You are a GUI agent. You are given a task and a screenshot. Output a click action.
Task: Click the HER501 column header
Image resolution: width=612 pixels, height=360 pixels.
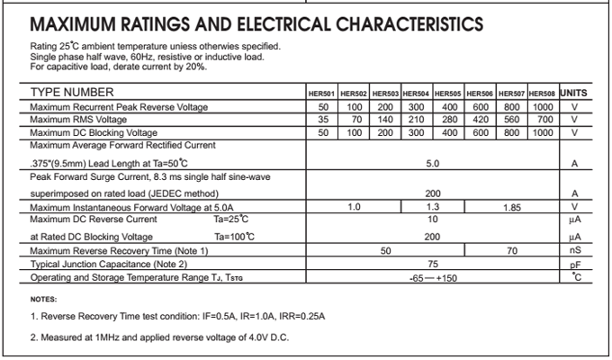tap(323, 94)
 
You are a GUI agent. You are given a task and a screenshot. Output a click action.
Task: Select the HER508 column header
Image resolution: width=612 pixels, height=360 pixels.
tap(542, 94)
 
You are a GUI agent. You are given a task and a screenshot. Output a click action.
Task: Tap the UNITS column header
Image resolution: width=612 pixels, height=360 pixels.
tap(573, 93)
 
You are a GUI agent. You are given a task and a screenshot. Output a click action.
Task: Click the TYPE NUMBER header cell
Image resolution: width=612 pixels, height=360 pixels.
tap(72, 93)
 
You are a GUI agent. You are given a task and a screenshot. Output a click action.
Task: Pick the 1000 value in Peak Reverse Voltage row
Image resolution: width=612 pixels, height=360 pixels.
tap(542, 107)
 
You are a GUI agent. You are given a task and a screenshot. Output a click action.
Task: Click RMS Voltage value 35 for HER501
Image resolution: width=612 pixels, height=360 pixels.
tap(323, 120)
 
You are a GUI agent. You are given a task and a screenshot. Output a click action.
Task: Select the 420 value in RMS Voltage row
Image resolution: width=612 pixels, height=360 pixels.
tap(480, 120)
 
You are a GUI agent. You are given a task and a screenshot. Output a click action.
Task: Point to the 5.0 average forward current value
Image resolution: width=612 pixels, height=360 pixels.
tap(432, 164)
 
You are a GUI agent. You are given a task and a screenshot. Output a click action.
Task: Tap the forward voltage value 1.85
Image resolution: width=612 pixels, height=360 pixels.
tap(512, 207)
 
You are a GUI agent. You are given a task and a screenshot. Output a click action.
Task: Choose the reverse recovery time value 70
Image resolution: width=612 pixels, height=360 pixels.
tap(512, 250)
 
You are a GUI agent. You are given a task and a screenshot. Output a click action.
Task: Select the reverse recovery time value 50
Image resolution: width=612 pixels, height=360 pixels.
tap(385, 250)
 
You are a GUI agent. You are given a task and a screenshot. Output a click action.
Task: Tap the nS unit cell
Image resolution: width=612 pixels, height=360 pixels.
tap(574, 250)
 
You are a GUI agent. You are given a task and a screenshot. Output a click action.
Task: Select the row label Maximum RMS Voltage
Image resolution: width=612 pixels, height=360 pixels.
tap(78, 120)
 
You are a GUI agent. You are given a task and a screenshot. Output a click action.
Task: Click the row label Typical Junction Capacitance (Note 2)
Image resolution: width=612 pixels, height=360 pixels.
tap(108, 265)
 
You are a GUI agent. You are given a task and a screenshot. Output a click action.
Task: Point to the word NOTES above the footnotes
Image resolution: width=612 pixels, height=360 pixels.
tap(43, 299)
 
